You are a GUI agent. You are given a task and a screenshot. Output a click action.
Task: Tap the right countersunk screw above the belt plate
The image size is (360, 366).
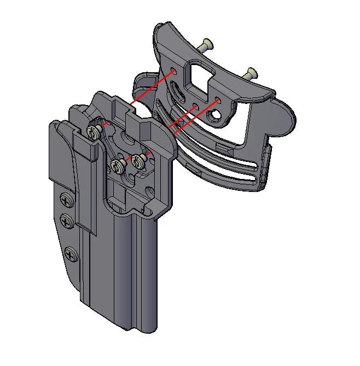point(252,72)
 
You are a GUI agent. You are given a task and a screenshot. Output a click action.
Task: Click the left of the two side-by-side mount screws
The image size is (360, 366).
point(117,165)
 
